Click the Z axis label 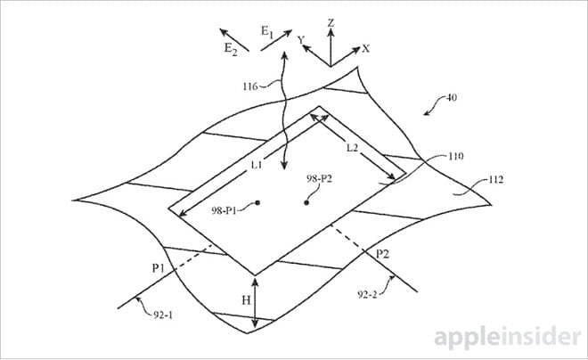coord(331,23)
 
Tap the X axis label coord(365,49)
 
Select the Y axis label coord(301,39)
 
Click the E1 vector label coord(267,31)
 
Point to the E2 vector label coord(231,49)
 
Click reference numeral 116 coord(250,86)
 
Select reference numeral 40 coord(451,98)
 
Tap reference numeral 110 coord(455,156)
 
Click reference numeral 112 coord(495,180)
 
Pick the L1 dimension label coord(257,165)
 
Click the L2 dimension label coord(352,148)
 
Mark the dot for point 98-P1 coord(257,203)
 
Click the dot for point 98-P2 coord(306,203)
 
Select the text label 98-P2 coord(319,179)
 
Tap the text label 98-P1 coord(224,211)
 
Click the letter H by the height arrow coord(246,300)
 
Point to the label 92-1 coord(163,315)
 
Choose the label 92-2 coord(367,295)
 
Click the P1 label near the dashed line coord(159,268)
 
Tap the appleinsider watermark coord(508,338)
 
